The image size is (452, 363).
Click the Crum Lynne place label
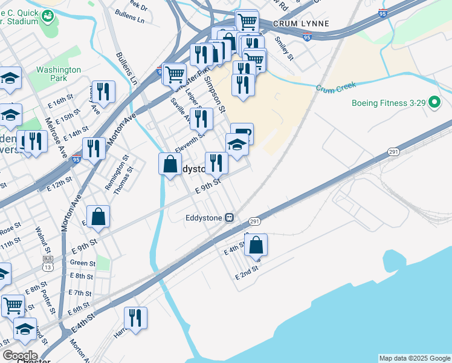tap(301, 24)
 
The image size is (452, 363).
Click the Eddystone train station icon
tap(230, 217)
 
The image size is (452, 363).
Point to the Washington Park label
tap(59, 74)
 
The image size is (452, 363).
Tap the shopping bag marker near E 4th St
tap(256, 245)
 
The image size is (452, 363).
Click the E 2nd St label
tap(247, 272)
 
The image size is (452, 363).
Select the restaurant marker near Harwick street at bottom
tap(135, 318)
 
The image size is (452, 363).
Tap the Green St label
tap(82, 263)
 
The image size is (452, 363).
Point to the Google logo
tap(19, 356)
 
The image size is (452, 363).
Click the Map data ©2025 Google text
tap(414, 358)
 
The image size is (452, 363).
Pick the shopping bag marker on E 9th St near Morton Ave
tap(98, 217)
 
